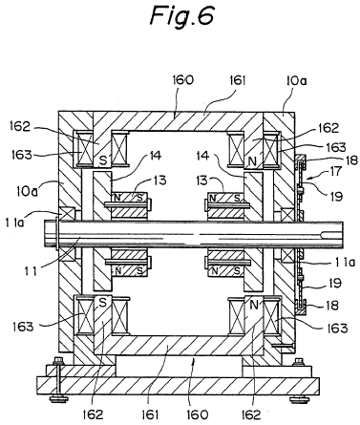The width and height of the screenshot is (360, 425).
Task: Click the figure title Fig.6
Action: tap(182, 16)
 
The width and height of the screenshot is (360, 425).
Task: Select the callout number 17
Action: tap(334, 171)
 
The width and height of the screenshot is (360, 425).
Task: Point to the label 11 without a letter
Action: tap(32, 271)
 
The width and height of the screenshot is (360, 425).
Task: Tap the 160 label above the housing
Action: tap(183, 80)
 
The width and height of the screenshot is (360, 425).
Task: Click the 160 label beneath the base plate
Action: tap(198, 414)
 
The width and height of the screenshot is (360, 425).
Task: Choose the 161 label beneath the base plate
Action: tap(150, 414)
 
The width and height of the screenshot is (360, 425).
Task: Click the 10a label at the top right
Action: tap(296, 80)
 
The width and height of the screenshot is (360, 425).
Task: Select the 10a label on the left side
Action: tap(27, 191)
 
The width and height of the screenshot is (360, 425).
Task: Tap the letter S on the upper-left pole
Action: tap(103, 160)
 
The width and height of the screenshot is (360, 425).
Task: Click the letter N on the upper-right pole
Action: tap(252, 161)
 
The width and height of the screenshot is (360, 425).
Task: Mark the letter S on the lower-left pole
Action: tap(102, 303)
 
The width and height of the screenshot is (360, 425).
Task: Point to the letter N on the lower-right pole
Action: tap(254, 305)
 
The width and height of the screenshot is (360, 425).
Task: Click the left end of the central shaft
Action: tap(45, 234)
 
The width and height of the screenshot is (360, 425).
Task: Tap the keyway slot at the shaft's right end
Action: tap(331, 235)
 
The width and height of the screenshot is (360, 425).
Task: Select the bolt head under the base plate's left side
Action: tap(58, 398)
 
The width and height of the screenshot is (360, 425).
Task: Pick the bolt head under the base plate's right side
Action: tap(299, 398)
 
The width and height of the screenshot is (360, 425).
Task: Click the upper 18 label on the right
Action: tap(351, 160)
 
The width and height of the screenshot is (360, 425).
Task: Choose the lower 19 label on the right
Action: tap(335, 283)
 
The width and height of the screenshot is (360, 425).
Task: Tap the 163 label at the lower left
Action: tap(23, 327)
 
